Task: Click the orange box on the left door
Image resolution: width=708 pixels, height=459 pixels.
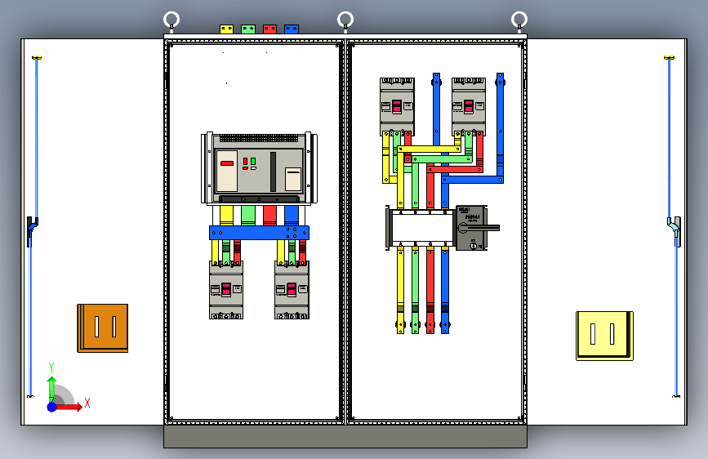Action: click(x=103, y=328)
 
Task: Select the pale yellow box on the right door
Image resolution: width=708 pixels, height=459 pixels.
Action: click(x=603, y=335)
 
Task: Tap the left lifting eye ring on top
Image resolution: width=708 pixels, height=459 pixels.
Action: click(x=171, y=20)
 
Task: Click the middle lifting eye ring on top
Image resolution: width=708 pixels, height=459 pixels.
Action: click(x=345, y=20)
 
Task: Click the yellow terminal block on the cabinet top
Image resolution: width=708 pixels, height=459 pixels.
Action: click(x=226, y=29)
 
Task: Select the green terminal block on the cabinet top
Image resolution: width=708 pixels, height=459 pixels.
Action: click(x=247, y=29)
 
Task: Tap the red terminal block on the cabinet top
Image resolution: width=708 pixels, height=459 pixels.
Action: click(x=269, y=29)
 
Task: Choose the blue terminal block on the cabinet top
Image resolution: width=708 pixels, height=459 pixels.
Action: click(x=291, y=29)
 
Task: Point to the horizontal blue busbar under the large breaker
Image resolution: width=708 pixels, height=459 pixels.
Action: click(x=259, y=233)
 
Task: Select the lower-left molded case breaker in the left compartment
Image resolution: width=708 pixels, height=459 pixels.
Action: click(x=226, y=290)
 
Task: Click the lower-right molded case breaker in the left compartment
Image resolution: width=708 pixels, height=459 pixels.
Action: click(x=292, y=290)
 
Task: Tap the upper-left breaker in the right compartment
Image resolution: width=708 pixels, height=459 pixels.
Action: click(x=397, y=106)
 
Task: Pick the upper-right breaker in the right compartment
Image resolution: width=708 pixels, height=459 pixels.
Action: click(x=469, y=106)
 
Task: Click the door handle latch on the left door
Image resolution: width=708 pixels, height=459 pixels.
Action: click(x=30, y=230)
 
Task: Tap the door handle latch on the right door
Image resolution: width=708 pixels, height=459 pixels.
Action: click(x=675, y=230)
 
